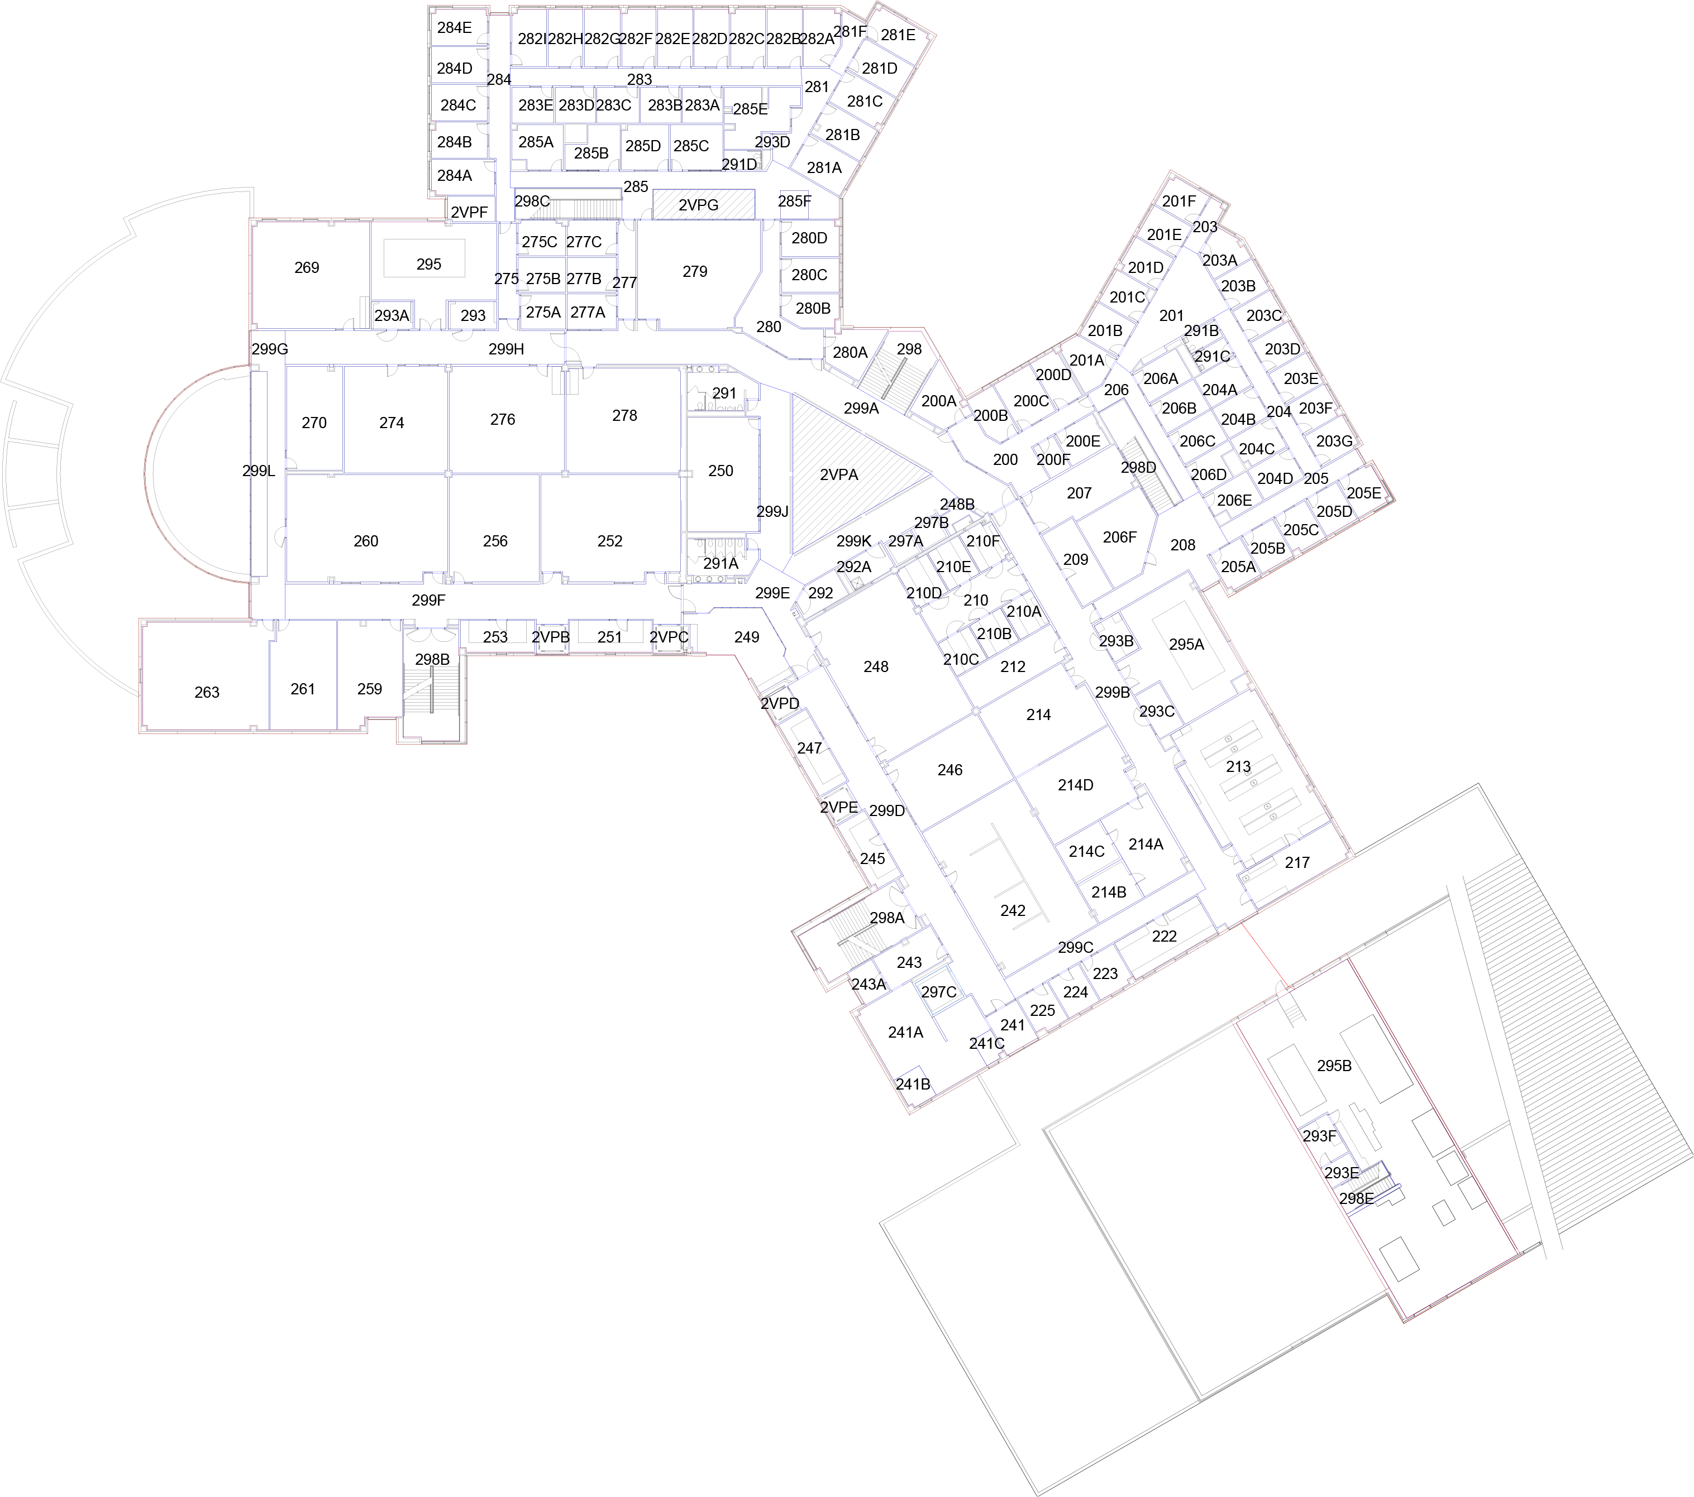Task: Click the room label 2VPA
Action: pyautogui.click(x=839, y=474)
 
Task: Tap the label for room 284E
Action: pyautogui.click(x=454, y=27)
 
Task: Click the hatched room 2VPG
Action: pyautogui.click(x=698, y=205)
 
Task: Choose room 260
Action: pyautogui.click(x=365, y=541)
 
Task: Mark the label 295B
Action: pyautogui.click(x=1334, y=1066)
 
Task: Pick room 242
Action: pyautogui.click(x=1012, y=910)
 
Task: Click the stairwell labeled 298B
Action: pyautogui.click(x=432, y=659)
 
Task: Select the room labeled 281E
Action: pyautogui.click(x=898, y=35)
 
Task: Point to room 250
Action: pyautogui.click(x=720, y=471)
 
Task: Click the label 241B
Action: pyautogui.click(x=913, y=1083)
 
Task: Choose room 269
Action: pyautogui.click(x=307, y=267)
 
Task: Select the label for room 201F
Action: pyautogui.click(x=1178, y=201)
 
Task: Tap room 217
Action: pyautogui.click(x=1297, y=862)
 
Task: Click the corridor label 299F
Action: pyautogui.click(x=428, y=600)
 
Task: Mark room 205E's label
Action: pyautogui.click(x=1363, y=493)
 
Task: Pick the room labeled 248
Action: pyautogui.click(x=875, y=666)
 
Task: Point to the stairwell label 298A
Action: pyautogui.click(x=887, y=918)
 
